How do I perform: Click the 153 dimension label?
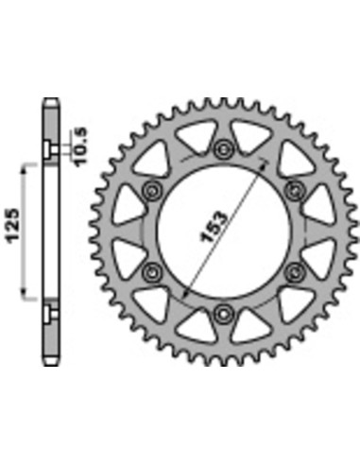click(x=214, y=227)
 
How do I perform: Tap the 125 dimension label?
click(x=13, y=225)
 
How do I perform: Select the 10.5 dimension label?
click(x=81, y=146)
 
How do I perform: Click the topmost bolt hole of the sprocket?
click(x=223, y=148)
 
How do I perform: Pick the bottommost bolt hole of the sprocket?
click(x=223, y=313)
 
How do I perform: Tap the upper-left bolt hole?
click(x=152, y=190)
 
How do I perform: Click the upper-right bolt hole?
click(x=295, y=190)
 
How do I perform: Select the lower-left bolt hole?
click(x=152, y=271)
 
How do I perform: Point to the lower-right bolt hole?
click(x=295, y=271)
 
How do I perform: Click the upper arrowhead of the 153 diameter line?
click(x=263, y=164)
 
